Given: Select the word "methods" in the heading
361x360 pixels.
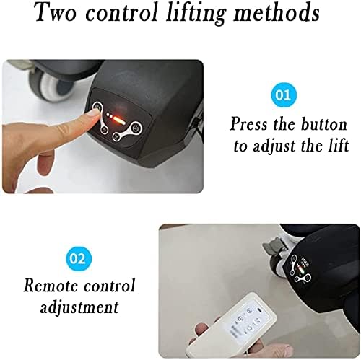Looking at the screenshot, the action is (x=277, y=12).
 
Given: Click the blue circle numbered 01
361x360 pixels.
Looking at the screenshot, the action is (x=284, y=95).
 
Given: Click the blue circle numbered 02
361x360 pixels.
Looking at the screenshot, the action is (x=79, y=258).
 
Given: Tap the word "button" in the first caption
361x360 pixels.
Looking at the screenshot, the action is (x=324, y=124).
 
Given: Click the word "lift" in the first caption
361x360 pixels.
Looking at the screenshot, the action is (x=339, y=145).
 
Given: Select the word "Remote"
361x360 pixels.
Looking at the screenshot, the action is (x=51, y=285).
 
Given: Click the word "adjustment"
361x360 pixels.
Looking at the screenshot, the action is (x=79, y=307).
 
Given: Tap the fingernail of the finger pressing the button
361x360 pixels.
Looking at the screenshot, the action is (x=93, y=114).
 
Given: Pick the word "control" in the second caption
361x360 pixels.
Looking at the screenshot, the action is (x=110, y=285).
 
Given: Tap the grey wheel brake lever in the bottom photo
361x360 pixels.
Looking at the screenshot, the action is (x=270, y=245).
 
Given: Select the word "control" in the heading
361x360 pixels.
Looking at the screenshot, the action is (x=121, y=12).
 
